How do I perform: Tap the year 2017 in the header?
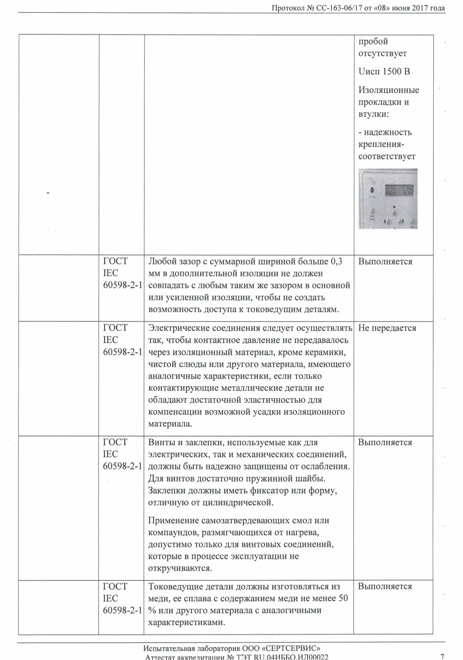(421, 8)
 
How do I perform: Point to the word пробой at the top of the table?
(373, 42)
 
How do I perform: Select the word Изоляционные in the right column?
(389, 90)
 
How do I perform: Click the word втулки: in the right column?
(374, 114)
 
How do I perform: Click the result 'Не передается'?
(387, 328)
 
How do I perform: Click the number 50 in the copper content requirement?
(343, 598)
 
